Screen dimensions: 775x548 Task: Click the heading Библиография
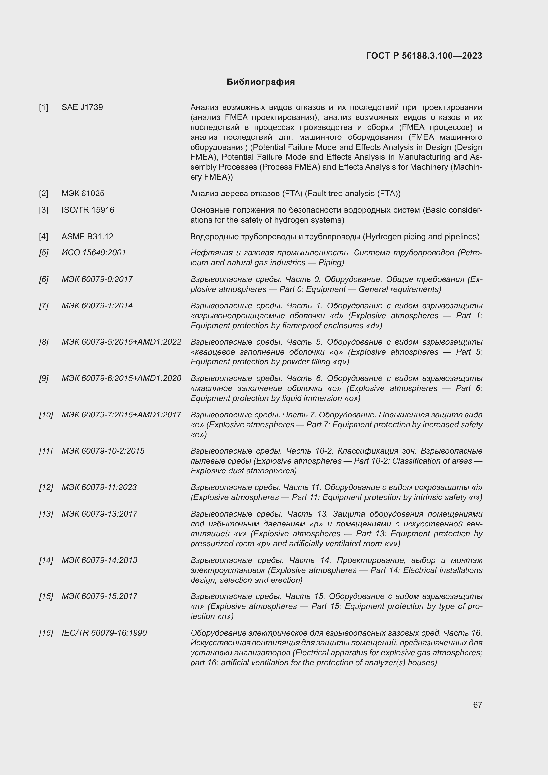coord(260,82)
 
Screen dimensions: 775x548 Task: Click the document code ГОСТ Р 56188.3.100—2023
coord(424,56)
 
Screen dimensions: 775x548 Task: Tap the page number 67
coord(477,705)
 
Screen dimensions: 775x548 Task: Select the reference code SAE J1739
coord(82,107)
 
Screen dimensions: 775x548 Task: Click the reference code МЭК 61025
coord(83,194)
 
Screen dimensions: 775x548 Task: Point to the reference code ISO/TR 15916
coord(88,210)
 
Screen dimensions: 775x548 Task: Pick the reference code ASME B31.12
coord(87,236)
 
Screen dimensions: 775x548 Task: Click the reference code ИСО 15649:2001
coord(93,253)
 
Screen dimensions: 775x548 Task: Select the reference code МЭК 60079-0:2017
coord(97,279)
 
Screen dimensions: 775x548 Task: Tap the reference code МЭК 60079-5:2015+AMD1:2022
coord(121,342)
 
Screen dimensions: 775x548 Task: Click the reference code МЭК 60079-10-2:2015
coord(103,451)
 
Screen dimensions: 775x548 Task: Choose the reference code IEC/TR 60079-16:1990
coord(104,633)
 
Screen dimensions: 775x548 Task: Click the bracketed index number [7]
coord(43,306)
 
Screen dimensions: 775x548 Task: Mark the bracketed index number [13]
coord(46,514)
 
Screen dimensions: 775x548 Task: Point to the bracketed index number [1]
coord(43,107)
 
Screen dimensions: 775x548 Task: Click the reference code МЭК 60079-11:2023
coord(99,487)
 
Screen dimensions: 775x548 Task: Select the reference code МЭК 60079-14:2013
coord(99,560)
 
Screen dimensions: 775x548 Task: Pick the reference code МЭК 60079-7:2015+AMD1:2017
coord(121,415)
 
